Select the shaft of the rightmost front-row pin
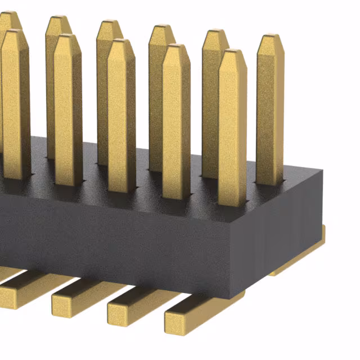coord(232,129)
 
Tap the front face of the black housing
coord(112,236)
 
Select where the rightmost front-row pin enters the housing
coord(232,202)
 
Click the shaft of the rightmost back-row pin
coord(271,112)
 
